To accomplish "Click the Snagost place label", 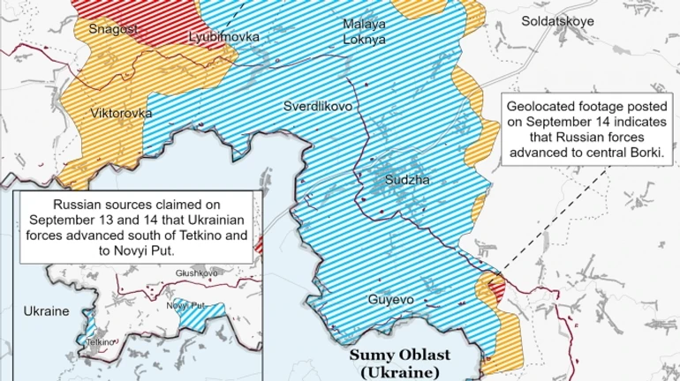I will click(113, 29).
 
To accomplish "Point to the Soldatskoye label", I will click(557, 20).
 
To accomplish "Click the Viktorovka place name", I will click(120, 114).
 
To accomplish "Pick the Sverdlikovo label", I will click(318, 106).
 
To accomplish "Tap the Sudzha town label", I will click(407, 180).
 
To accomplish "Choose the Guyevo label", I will click(390, 300).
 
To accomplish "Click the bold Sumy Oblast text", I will click(400, 355).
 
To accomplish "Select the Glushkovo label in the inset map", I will click(196, 273).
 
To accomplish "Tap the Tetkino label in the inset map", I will click(100, 341).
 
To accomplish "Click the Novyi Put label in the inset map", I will click(185, 305).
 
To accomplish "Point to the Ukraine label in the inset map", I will click(46, 312).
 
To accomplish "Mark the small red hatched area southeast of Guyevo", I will click(494, 288).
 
